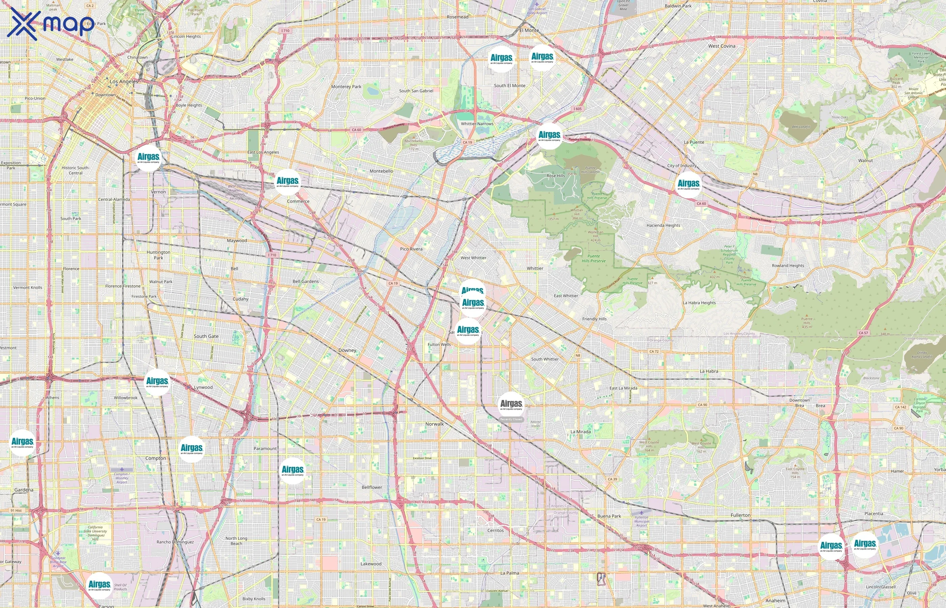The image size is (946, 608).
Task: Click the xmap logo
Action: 51,24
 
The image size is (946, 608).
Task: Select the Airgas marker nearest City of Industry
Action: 689,184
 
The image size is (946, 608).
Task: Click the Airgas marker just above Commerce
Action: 288,182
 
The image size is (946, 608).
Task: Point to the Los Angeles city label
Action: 124,81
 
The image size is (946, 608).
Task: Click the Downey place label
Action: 347,350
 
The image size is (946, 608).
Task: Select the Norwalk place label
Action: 434,424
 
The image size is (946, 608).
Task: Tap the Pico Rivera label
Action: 411,249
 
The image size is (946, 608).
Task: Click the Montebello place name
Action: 381,171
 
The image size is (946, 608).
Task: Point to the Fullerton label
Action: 740,515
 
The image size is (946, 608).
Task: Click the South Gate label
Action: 206,336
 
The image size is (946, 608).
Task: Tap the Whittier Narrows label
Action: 477,124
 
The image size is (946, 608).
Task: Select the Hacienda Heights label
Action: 663,225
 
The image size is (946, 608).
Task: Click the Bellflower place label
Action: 372,487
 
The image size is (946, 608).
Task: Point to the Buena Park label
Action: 609,516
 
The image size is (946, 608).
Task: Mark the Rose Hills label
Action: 555,176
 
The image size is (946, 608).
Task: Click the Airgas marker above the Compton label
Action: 192,449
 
